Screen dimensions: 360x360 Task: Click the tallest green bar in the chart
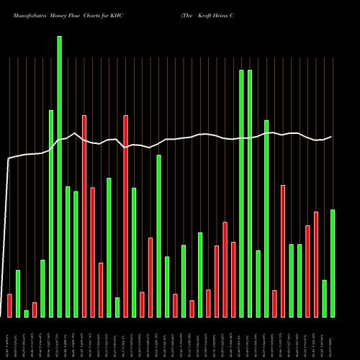(59, 176)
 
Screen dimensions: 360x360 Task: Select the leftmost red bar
(9, 305)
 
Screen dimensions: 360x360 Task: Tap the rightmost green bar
(332, 263)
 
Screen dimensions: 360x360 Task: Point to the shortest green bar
(26, 313)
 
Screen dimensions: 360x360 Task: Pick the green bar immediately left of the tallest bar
(51, 213)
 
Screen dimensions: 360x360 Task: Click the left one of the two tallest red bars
(84, 216)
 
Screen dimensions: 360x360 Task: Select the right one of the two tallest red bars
(125, 216)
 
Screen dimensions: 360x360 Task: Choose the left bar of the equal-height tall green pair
(241, 193)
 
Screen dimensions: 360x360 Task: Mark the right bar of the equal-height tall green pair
(250, 193)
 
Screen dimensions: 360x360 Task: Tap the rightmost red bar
(315, 264)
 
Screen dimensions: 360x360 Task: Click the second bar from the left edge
(18, 293)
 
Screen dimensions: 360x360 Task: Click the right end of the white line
(331, 137)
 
